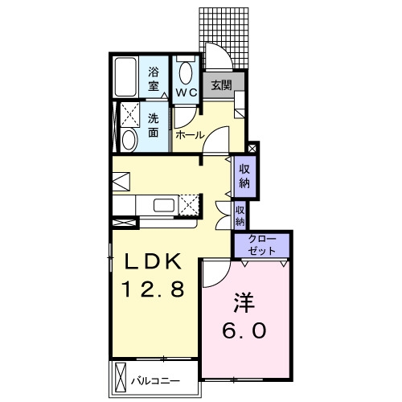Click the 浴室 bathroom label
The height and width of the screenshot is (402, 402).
tap(154, 80)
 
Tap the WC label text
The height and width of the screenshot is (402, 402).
tap(187, 92)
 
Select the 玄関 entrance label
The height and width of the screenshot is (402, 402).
tap(221, 85)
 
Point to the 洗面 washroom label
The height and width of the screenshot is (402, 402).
tap(154, 125)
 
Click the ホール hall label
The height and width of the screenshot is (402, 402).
tap(190, 135)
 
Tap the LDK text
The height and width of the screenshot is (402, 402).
tap(153, 261)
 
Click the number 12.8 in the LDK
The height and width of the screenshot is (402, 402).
tap(153, 289)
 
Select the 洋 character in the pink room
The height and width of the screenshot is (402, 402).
tap(244, 302)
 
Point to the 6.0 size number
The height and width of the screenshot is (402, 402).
tap(244, 330)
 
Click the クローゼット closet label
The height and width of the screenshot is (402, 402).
tap(261, 244)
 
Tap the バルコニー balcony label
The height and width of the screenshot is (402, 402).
tap(155, 381)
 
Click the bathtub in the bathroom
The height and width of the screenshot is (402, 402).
tap(125, 77)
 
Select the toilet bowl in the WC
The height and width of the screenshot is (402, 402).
tap(186, 73)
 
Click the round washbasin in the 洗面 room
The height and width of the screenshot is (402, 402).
tap(129, 140)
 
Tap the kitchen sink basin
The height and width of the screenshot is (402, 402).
tap(164, 206)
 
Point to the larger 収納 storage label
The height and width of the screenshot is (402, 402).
tap(244, 176)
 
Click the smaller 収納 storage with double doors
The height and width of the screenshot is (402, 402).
tap(240, 216)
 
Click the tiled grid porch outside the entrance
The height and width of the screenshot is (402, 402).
tap(224, 38)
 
